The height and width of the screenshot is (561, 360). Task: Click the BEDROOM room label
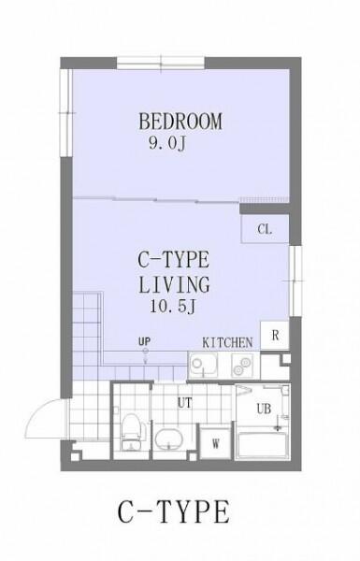tap(180, 122)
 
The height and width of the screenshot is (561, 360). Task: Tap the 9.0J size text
tap(167, 144)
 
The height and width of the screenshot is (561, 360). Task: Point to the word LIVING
tap(174, 285)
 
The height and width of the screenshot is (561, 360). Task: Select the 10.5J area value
tap(173, 307)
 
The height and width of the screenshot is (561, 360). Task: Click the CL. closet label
tap(265, 229)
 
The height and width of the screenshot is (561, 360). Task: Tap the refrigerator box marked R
tap(275, 336)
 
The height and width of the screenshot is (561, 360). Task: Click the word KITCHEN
tap(227, 343)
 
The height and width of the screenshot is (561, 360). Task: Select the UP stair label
tap(144, 341)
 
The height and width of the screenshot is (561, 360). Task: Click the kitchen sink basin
tap(203, 365)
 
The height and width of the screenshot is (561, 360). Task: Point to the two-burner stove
tap(241, 366)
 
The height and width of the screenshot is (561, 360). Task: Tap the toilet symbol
tap(131, 431)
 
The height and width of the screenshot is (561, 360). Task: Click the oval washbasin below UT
tap(168, 439)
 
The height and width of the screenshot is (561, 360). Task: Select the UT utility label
tap(184, 403)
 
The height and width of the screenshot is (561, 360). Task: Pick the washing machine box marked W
tap(215, 443)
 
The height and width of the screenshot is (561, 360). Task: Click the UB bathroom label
tap(264, 409)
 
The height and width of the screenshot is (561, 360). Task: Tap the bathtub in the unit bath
tap(262, 445)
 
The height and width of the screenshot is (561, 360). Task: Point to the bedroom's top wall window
tap(161, 63)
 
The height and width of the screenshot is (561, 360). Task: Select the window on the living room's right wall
tap(295, 281)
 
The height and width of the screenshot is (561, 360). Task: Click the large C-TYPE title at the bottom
tap(174, 512)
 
